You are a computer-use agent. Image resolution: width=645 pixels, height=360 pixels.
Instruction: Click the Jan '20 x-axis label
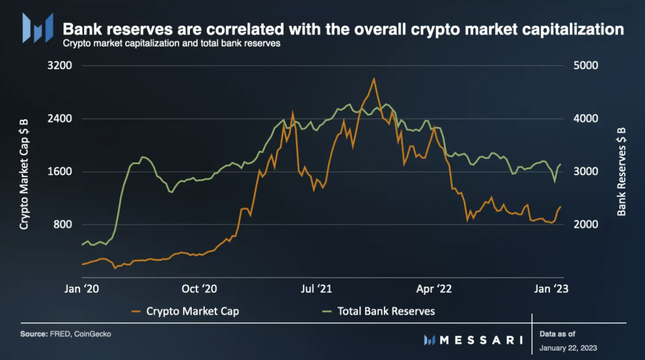(81, 289)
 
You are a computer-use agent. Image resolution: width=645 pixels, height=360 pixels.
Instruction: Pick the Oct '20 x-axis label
(198, 289)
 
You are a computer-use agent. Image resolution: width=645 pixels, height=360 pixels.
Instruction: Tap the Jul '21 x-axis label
(316, 289)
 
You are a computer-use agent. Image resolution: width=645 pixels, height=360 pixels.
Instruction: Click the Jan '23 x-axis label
(550, 289)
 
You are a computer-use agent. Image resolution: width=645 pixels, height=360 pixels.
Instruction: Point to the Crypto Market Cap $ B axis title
(24, 172)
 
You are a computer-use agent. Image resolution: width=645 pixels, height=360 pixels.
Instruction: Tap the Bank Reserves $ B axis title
(622, 172)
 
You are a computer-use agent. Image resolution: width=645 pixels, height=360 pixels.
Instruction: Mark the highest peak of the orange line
(374, 78)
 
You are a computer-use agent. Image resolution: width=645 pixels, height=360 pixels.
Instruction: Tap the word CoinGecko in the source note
(93, 334)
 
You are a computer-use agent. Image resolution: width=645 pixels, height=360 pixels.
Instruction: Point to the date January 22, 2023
(567, 347)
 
